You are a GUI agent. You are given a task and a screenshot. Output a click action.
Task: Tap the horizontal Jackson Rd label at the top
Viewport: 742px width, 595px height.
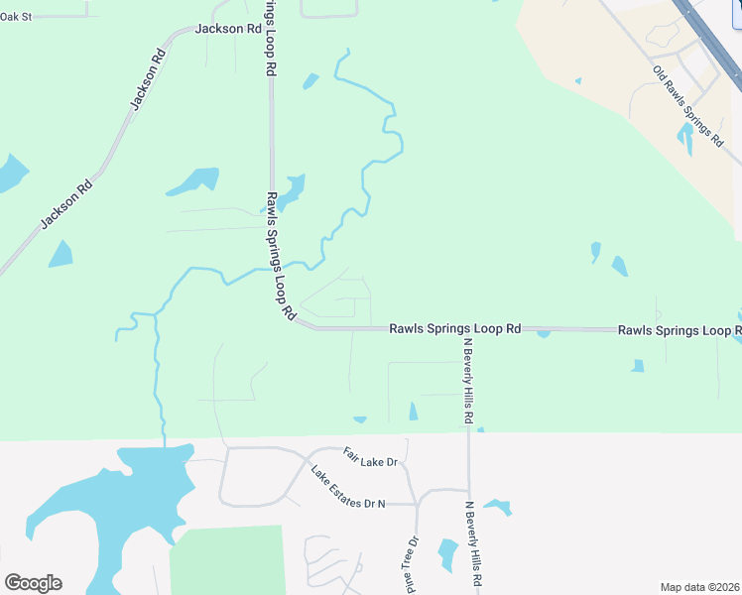[228, 29]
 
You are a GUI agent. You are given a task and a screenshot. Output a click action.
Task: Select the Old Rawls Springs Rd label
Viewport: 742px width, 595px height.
[687, 107]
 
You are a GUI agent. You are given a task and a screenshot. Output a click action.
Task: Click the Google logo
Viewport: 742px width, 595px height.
[33, 583]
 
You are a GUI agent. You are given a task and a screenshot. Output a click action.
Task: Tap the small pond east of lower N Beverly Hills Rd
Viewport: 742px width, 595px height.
[498, 508]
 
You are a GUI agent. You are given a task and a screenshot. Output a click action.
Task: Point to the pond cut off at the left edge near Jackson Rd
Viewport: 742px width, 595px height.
[12, 174]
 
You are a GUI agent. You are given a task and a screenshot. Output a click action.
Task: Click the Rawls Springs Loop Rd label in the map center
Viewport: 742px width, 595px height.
[454, 328]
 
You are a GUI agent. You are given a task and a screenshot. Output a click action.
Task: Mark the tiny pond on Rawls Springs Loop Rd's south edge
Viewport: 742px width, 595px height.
[544, 334]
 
